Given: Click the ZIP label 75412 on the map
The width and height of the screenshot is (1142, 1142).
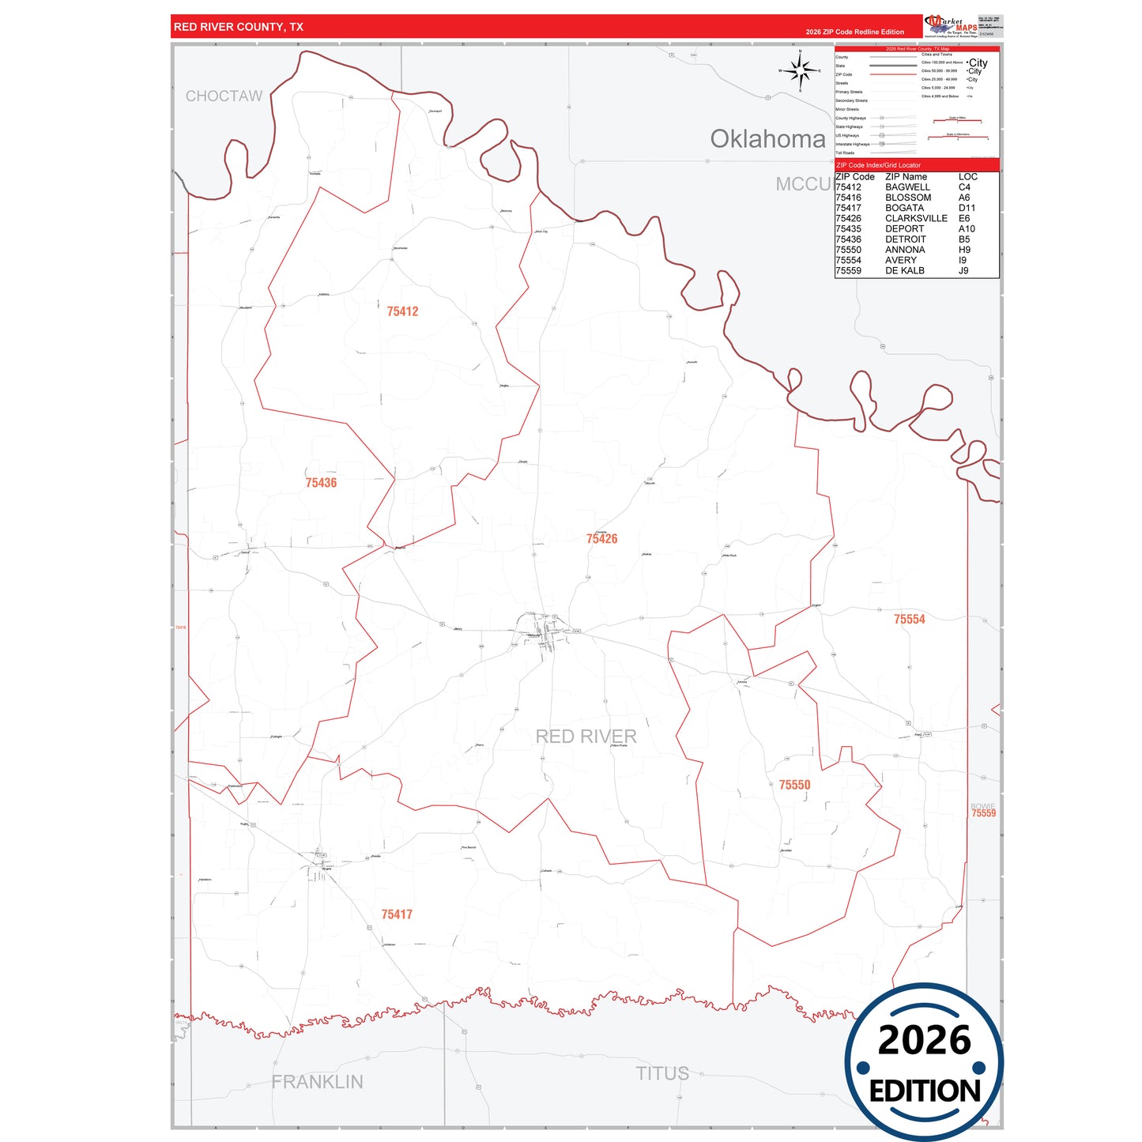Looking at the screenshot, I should (x=402, y=311).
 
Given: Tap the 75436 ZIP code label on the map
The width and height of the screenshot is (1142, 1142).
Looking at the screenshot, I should (x=321, y=483).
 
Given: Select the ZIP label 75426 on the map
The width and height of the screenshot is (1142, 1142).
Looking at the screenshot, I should (x=601, y=539).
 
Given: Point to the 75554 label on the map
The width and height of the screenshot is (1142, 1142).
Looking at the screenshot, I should (x=909, y=620).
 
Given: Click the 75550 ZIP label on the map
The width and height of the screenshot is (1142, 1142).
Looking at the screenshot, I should (x=794, y=785).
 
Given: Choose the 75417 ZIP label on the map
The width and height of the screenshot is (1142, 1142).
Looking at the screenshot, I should (x=397, y=914).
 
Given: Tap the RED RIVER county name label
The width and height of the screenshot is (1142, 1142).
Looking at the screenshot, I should (x=586, y=737).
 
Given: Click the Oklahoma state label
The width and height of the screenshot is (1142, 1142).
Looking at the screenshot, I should (x=767, y=139).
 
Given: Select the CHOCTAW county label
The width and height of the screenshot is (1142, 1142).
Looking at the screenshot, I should (x=224, y=96).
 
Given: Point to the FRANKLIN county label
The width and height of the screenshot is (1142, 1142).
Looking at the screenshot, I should (x=317, y=1082).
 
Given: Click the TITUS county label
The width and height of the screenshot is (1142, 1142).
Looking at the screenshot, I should (x=662, y=1073).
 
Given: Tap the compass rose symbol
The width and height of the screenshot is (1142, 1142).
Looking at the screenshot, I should (x=801, y=71).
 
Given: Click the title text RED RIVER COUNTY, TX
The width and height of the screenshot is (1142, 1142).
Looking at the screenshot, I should (x=239, y=27).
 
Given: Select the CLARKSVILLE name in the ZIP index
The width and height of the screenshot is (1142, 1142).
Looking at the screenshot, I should (x=916, y=218).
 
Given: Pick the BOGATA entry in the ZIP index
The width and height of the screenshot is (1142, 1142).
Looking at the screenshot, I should (x=904, y=208).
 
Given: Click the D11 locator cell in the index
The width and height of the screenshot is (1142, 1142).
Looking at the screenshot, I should (x=967, y=208).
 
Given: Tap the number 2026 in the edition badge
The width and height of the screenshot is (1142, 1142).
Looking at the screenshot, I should (x=924, y=1040).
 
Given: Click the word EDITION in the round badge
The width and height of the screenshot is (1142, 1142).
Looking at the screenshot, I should (x=925, y=1091).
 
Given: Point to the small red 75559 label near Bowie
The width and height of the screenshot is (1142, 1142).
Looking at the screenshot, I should (x=984, y=813).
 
